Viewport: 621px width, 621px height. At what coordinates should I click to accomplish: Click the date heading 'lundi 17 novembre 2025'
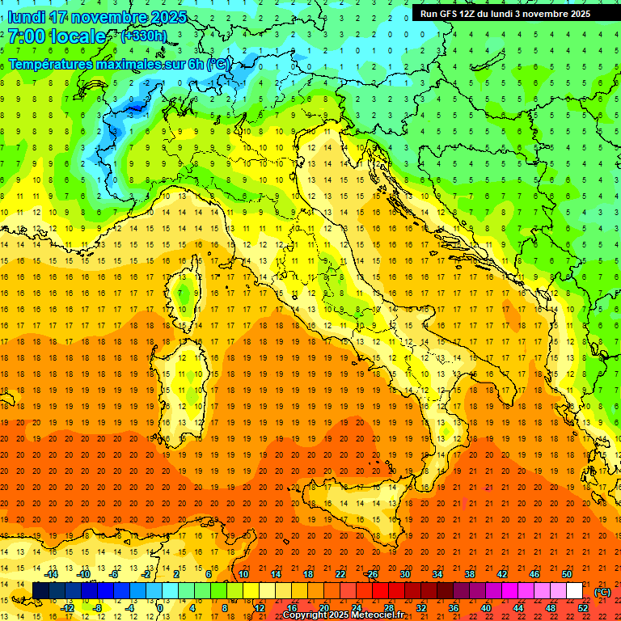[x=97, y=17]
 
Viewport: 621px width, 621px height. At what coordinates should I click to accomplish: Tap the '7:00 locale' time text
[x=57, y=36]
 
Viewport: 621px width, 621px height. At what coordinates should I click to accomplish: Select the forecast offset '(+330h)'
[x=143, y=36]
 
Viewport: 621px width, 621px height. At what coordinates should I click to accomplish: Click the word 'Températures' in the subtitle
[x=49, y=64]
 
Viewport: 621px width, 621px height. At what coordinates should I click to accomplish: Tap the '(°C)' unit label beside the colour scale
[x=602, y=592]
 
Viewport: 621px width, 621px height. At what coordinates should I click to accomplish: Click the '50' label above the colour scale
[x=567, y=574]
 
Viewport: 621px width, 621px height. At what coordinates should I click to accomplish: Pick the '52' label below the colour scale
[x=583, y=608]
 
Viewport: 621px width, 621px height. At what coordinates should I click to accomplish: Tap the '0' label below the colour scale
[x=161, y=608]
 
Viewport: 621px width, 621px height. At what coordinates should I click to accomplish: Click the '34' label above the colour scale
[x=437, y=574]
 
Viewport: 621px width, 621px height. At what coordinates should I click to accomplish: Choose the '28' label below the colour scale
[x=389, y=608]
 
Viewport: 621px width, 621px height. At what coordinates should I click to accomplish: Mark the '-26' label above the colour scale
[x=371, y=574]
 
